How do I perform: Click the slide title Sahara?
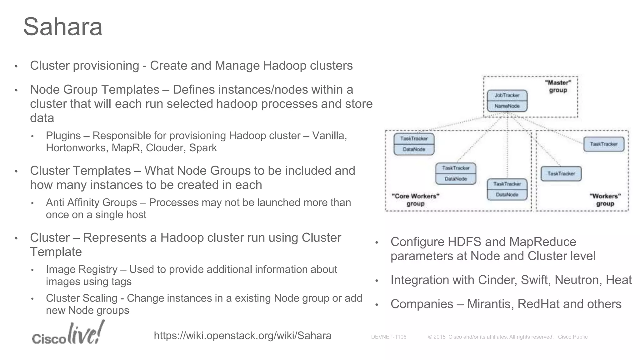point(63,27)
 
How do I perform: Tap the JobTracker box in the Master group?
point(507,95)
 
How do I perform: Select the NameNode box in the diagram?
point(507,106)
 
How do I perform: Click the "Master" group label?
point(558,86)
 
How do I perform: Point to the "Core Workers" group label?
point(415,200)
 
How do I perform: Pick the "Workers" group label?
point(605,200)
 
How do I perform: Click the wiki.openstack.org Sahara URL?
point(242,336)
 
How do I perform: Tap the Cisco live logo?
point(68,334)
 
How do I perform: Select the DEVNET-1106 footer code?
point(388,337)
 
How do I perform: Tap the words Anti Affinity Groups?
point(91,202)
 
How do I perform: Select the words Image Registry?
point(82,269)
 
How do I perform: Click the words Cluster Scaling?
point(82,298)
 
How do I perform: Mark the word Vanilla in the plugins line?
point(329,136)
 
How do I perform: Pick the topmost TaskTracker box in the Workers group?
point(603,144)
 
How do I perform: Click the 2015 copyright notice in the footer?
point(491,337)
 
